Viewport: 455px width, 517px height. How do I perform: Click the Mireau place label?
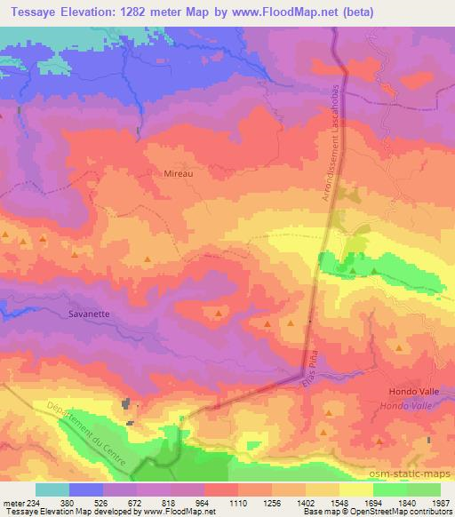click(179, 175)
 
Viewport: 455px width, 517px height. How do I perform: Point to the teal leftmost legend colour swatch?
click(52, 489)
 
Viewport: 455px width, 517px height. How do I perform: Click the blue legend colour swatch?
click(86, 489)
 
